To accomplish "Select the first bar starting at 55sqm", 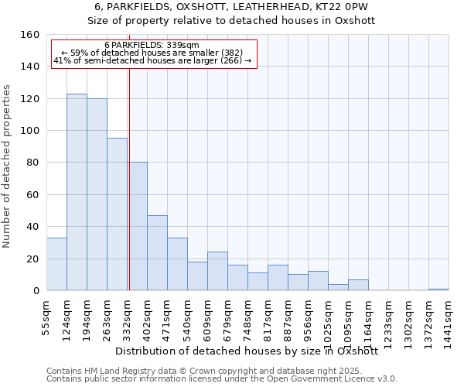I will pos(56,264).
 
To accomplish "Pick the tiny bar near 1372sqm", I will pos(438,289).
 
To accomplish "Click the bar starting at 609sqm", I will pos(217,271).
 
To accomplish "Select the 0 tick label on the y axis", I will pos(36,290).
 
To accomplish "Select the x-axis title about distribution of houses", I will pos(251,351).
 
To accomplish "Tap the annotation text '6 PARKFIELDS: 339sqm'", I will pos(152,46).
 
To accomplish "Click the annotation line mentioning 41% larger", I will pos(152,60).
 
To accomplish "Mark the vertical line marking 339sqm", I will pos(129,178).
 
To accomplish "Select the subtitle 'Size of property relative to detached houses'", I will pos(231,21).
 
